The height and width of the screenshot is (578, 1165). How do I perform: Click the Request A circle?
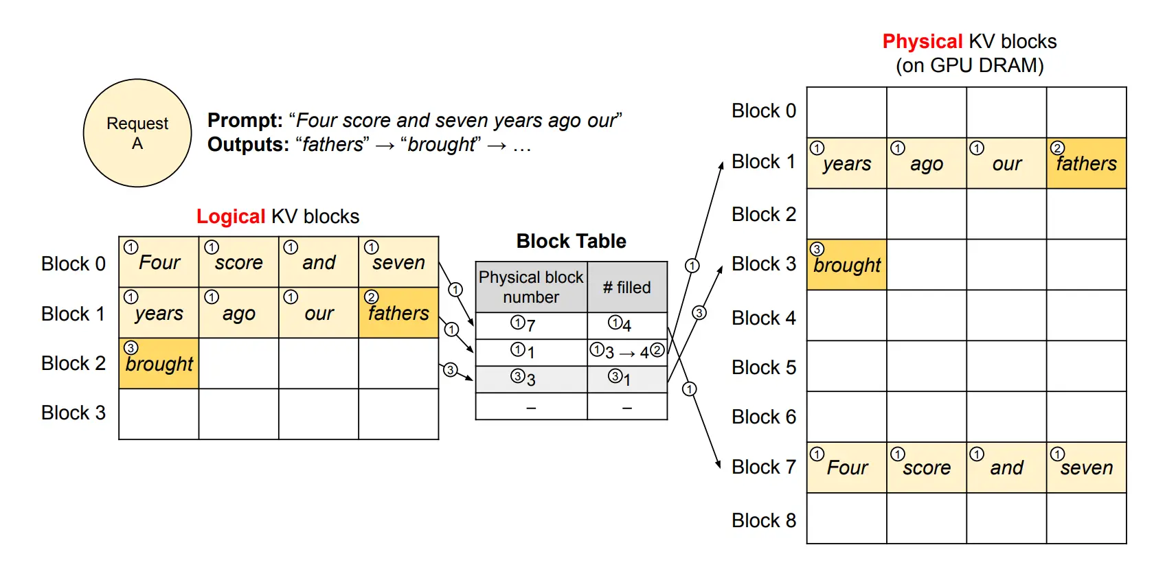(x=137, y=133)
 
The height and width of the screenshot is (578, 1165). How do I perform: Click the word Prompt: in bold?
(x=245, y=120)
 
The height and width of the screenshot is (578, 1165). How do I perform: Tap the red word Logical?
(x=230, y=216)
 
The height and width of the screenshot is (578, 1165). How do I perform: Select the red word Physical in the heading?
(x=922, y=41)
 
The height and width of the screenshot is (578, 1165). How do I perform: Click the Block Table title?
(x=571, y=241)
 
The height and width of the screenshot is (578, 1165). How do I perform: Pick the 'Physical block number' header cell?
(x=531, y=287)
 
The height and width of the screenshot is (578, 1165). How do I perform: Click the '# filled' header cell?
(x=627, y=287)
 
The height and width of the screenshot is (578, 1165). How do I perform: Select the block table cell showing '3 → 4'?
(x=627, y=352)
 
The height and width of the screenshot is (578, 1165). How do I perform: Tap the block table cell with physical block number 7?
(x=531, y=325)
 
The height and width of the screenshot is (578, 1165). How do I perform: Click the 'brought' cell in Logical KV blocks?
(x=159, y=363)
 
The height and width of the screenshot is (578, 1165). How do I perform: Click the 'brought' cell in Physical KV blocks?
(x=846, y=265)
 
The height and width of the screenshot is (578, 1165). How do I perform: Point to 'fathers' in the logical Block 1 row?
(x=398, y=313)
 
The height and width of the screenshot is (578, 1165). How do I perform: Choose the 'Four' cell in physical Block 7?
(x=846, y=467)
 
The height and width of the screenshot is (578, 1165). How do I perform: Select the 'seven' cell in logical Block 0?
(x=398, y=262)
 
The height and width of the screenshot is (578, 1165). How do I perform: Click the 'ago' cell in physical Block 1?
(x=926, y=163)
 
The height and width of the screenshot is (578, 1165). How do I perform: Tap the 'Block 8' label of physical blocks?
(x=763, y=520)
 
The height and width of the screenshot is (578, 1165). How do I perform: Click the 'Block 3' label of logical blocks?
(x=73, y=413)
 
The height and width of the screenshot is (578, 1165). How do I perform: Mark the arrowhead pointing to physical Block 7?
(x=718, y=465)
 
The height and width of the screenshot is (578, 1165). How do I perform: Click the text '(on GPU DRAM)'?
(x=969, y=65)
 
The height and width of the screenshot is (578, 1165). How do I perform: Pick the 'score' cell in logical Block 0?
(x=238, y=262)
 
